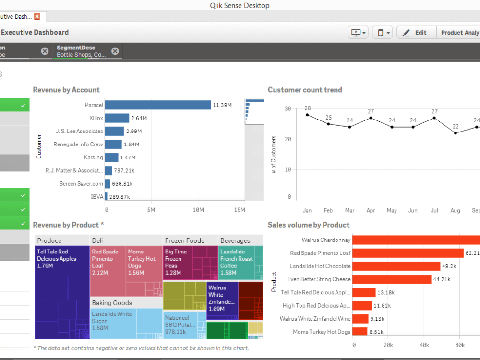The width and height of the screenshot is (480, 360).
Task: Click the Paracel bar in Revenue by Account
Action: (157, 105)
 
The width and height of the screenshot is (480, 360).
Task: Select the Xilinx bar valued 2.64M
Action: (117, 118)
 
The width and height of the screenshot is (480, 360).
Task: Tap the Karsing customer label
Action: (93, 157)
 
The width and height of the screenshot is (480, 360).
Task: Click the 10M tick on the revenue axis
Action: (198, 210)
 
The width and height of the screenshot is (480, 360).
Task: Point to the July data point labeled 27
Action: (434, 118)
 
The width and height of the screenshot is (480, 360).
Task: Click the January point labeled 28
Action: (308, 115)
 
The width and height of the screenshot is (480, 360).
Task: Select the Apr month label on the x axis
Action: (371, 210)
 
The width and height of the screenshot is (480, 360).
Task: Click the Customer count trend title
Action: (305, 90)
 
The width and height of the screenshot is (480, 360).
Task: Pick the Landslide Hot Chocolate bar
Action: (397, 266)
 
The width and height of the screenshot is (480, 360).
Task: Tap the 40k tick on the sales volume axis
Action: (424, 345)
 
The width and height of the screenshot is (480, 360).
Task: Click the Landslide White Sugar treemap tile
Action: (126, 323)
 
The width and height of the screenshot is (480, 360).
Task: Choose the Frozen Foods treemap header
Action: (185, 240)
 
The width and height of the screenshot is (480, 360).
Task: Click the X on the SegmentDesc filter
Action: (115, 51)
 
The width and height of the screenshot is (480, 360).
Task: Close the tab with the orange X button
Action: (37, 16)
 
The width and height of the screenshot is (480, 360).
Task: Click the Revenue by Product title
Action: (68, 225)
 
